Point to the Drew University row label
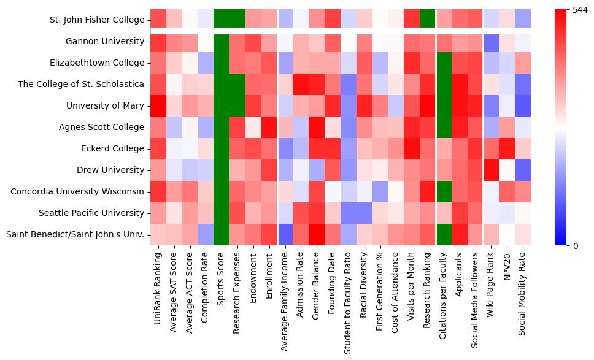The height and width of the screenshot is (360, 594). point(109,170)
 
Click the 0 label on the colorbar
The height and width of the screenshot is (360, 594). point(575,246)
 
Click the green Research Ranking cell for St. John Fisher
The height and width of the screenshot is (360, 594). point(426,20)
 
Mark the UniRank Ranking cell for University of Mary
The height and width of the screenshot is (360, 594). point(158,106)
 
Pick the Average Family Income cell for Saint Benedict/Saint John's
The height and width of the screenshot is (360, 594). point(286,235)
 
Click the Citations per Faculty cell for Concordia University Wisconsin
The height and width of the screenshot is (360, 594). point(442,192)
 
